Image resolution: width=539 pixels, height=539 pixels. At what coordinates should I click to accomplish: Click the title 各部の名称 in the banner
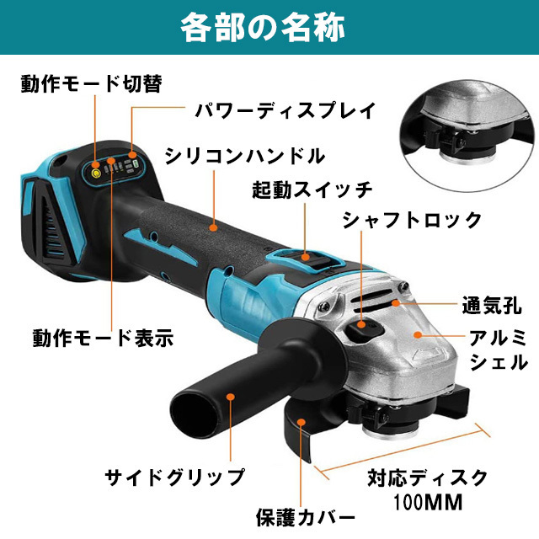tap(263, 27)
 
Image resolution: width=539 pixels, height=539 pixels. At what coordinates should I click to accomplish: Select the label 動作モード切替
tap(92, 84)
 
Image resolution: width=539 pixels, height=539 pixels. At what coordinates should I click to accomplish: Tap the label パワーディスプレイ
tap(286, 110)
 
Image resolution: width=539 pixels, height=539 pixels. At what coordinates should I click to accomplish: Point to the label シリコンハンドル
tap(245, 156)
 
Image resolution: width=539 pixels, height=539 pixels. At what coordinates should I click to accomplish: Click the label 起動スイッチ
tap(312, 189)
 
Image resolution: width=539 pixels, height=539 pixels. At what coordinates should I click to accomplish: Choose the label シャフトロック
tap(412, 220)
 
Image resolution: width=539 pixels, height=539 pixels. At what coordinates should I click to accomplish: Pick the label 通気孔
tap(492, 305)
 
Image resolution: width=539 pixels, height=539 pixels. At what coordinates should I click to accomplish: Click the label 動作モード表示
tap(103, 338)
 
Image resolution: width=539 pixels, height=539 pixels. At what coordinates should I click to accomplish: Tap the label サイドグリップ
tap(175, 478)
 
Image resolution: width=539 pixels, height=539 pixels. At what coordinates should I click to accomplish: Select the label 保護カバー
tap(306, 517)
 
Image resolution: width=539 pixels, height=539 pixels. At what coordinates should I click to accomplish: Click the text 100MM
tap(428, 502)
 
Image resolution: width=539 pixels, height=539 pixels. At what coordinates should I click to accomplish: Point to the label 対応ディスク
tap(428, 478)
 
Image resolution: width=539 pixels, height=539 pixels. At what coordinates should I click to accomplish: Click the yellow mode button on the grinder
tap(95, 174)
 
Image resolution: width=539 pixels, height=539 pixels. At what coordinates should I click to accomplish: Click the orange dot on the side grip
tap(231, 397)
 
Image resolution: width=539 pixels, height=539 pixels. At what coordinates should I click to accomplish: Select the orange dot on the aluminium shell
tap(418, 335)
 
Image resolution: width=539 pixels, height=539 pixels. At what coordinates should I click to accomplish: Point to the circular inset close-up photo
tap(469, 136)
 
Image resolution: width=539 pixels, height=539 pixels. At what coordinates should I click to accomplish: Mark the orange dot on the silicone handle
tap(213, 227)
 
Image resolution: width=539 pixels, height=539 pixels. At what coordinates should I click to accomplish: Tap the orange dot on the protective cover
tap(302, 422)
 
